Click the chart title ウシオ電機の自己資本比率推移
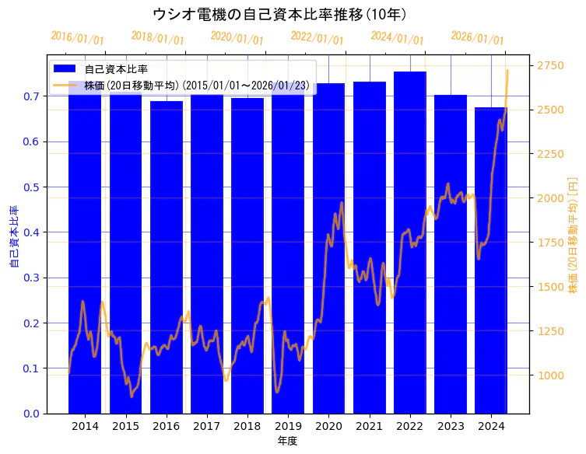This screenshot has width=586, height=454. point(279,14)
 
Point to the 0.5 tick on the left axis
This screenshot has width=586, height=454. point(32,187)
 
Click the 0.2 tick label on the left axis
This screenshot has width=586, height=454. point(32,323)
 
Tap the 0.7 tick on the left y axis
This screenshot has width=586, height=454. point(32,96)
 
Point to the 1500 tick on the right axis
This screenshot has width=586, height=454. point(550,287)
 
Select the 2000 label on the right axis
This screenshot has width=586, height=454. point(550,198)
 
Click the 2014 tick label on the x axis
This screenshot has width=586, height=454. point(85,426)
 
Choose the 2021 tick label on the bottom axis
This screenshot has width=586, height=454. point(370,426)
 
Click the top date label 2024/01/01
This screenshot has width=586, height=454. point(397,38)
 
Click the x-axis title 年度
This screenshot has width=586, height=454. point(288,441)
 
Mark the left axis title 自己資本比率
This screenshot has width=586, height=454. point(13,237)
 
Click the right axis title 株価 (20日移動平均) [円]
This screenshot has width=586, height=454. point(573,233)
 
